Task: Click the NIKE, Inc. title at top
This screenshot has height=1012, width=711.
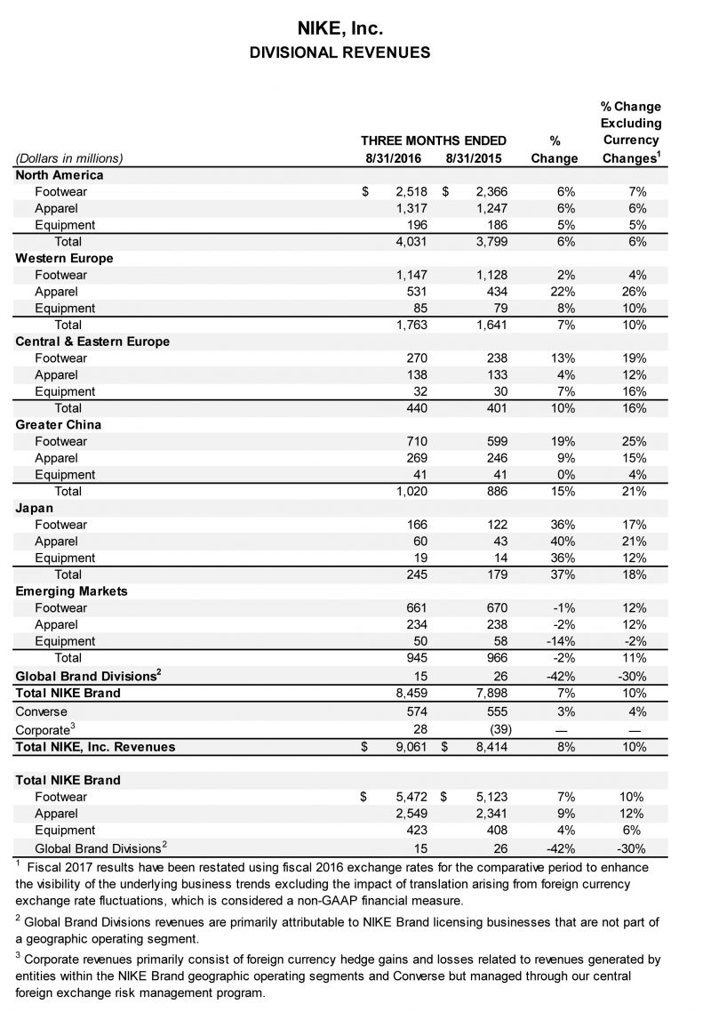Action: point(340,29)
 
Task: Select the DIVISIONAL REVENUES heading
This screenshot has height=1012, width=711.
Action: point(340,53)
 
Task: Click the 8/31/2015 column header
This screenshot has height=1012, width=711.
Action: point(474,158)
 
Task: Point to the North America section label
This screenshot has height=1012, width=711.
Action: point(60,175)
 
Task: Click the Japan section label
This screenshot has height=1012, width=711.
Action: point(35,508)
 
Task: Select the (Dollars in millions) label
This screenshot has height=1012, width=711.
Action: point(69,158)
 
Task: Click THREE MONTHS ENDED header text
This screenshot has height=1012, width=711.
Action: point(434,141)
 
